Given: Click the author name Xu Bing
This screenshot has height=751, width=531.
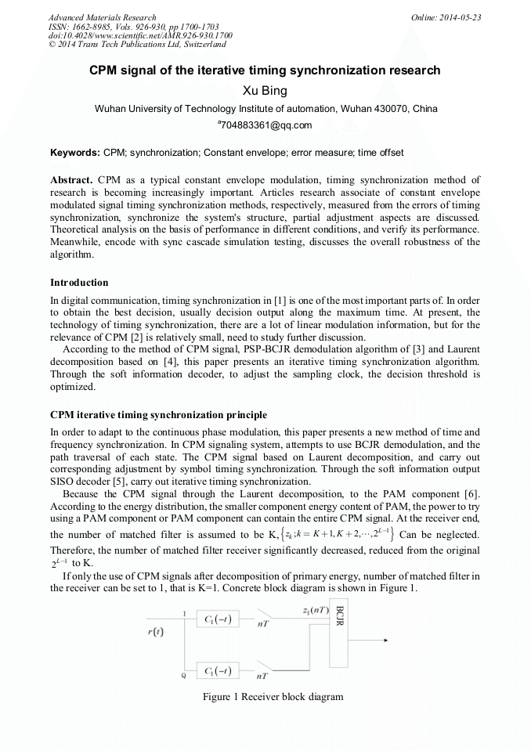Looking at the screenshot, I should pyautogui.click(x=265, y=91).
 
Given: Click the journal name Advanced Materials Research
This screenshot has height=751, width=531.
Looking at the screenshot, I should pyautogui.click(x=102, y=17).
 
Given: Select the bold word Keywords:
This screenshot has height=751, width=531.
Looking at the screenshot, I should pyautogui.click(x=74, y=152).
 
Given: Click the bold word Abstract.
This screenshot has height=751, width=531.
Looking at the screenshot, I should pyautogui.click(x=72, y=179).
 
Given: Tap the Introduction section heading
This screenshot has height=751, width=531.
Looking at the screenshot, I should pyautogui.click(x=79, y=282).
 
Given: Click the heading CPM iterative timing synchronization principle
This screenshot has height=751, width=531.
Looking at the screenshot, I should pyautogui.click(x=158, y=414).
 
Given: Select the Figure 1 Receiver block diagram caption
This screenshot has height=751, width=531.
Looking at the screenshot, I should pyautogui.click(x=273, y=696).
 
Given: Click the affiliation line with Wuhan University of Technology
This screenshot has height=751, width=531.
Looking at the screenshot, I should pyautogui.click(x=265, y=108).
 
